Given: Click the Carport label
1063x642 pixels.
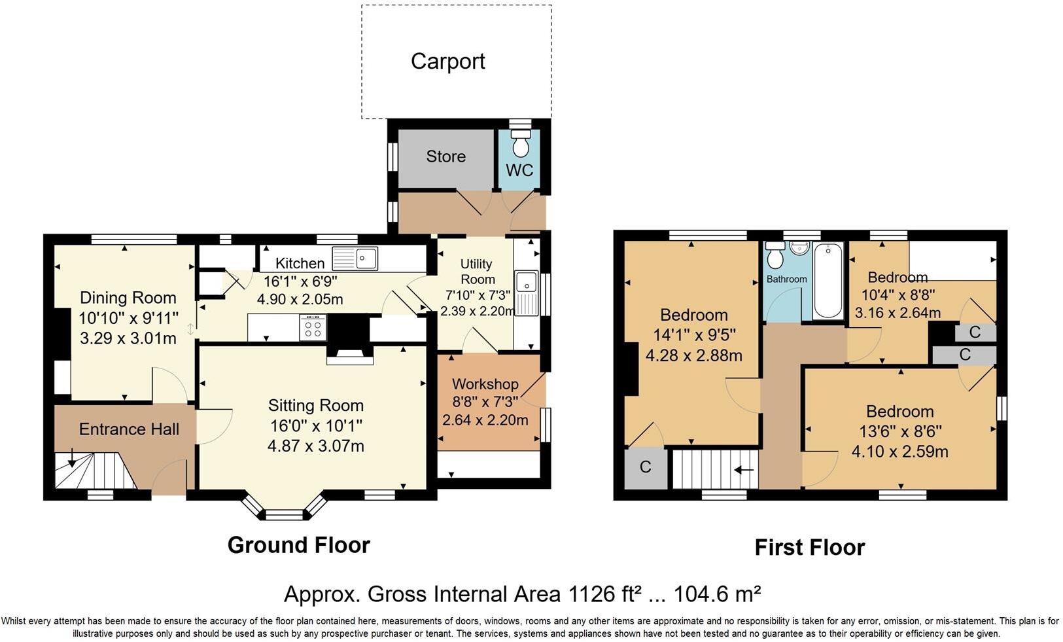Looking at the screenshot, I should [447, 62].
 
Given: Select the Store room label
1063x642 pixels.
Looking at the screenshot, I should [445, 156].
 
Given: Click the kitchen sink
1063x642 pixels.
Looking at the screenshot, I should [355, 258].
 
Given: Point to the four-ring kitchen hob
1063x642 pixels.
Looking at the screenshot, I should [313, 327].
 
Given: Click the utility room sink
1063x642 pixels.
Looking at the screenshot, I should [526, 283].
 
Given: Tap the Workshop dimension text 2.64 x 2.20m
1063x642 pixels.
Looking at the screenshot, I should [485, 420].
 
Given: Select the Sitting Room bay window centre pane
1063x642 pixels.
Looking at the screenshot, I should [285, 515].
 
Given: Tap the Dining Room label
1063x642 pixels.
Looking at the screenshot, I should [128, 298].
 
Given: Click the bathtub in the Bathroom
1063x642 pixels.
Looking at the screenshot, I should [828, 281].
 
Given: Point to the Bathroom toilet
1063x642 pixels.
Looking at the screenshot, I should [776, 257].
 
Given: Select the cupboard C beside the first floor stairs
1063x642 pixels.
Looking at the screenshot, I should [645, 467].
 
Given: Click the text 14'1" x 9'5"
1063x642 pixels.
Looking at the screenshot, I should [694, 335].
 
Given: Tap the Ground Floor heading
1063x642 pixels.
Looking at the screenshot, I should [298, 545].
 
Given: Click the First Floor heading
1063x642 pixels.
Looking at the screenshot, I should [809, 548].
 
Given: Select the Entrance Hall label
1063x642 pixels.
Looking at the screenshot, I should [129, 429].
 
